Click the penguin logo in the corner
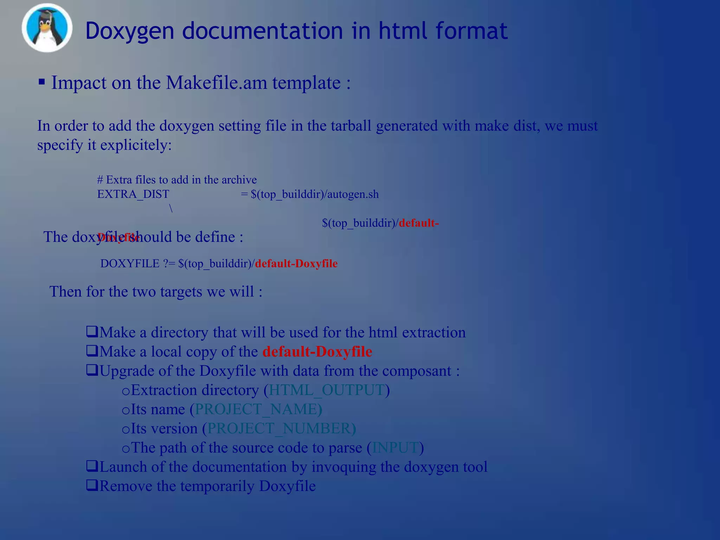pos(47,27)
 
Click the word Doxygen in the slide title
pos(130,31)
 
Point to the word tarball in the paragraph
pos(351,126)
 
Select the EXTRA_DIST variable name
pos(133,194)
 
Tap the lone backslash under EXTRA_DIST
pos(171,208)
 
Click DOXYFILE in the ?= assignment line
pos(130,263)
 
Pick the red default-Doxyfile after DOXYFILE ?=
pos(296,263)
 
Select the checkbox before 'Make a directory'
pos(92,332)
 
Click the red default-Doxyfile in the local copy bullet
pos(317,352)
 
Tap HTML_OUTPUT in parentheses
pos(326,390)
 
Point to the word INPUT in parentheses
pos(395,448)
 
